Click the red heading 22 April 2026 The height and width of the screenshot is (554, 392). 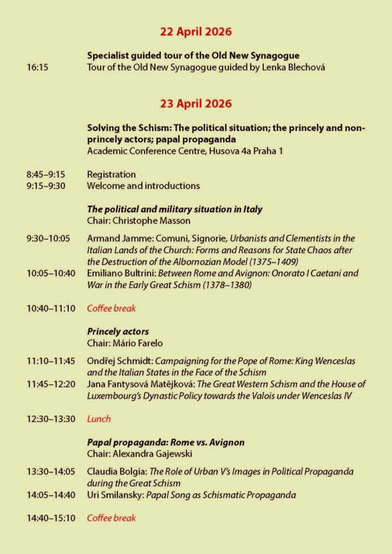point(195,32)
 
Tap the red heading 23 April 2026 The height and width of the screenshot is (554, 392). point(195,103)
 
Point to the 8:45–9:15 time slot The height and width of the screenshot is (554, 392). point(45,175)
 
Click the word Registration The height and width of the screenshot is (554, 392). point(111,175)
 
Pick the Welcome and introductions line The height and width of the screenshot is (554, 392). point(143,186)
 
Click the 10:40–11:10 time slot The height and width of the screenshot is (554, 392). point(51,308)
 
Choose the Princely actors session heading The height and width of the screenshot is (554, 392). point(117,332)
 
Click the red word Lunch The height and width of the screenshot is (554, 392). point(99,419)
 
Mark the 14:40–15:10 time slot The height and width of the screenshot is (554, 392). point(51,518)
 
